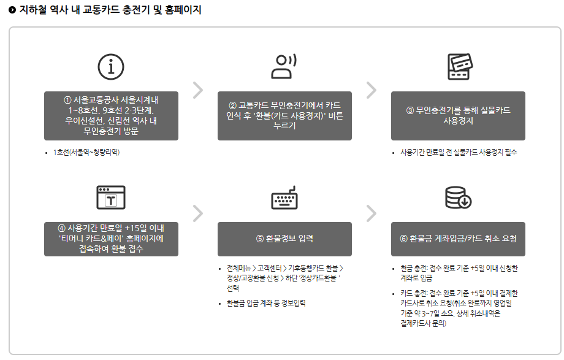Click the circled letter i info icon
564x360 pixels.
click(x=111, y=67)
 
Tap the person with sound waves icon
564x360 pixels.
click(x=284, y=66)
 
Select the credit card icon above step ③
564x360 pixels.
click(x=460, y=67)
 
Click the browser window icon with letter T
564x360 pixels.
click(x=111, y=197)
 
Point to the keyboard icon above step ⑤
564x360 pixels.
click(x=284, y=197)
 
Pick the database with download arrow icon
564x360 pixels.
click(x=459, y=197)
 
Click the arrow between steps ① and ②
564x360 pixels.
click(x=198, y=90)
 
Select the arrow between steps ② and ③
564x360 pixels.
click(x=372, y=90)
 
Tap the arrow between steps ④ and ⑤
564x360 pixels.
click(x=198, y=213)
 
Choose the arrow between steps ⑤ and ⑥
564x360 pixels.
click(x=372, y=213)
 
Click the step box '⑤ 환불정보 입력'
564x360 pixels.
click(x=284, y=239)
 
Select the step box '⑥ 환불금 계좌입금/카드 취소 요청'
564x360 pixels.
click(x=458, y=239)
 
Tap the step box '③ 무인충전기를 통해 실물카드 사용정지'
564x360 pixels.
click(x=458, y=115)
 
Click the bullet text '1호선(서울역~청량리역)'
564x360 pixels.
click(x=86, y=153)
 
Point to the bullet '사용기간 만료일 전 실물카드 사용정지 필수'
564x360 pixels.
click(x=459, y=153)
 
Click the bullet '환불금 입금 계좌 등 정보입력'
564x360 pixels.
click(x=266, y=304)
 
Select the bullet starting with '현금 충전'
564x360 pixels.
click(x=459, y=274)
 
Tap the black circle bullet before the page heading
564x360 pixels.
click(x=12, y=10)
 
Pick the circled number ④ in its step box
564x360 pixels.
click(x=61, y=228)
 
